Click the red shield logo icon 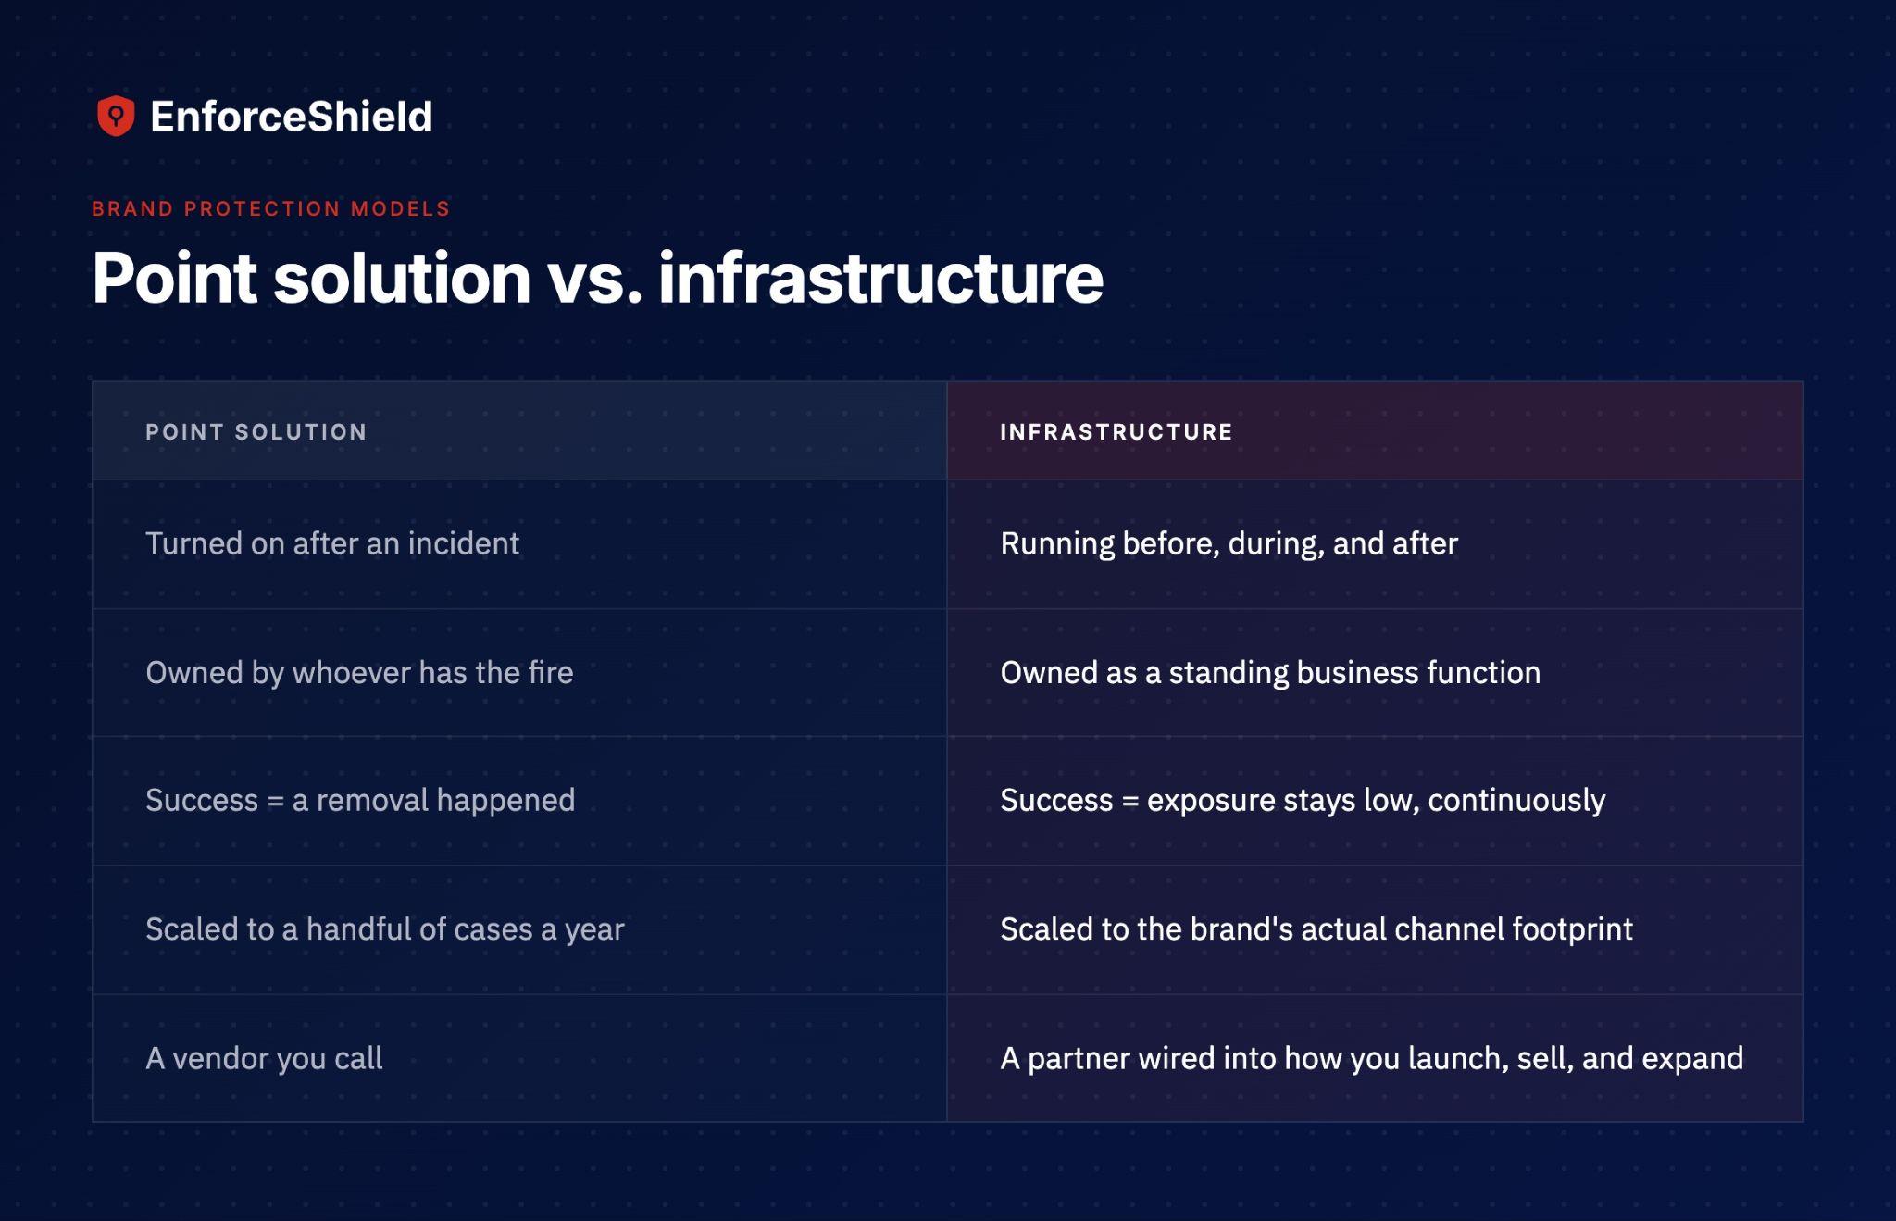pos(116,116)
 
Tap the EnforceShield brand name pos(292,117)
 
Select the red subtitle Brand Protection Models pos(270,209)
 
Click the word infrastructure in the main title pos(880,278)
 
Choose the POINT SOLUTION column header pos(256,432)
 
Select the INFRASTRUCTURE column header pos(1116,432)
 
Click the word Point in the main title pos(174,278)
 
